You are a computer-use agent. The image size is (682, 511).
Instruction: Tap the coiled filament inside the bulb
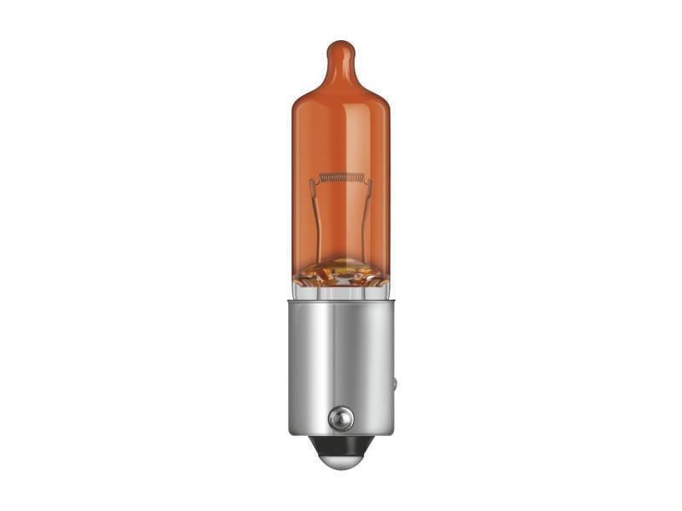click(x=341, y=178)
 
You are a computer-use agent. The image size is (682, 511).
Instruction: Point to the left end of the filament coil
click(x=322, y=179)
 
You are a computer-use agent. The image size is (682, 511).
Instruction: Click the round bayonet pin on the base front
click(x=340, y=417)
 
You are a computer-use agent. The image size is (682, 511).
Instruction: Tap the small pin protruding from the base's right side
click(x=394, y=383)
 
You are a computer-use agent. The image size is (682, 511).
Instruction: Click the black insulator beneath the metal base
click(x=340, y=444)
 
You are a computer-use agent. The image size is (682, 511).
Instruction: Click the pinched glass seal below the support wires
click(x=341, y=271)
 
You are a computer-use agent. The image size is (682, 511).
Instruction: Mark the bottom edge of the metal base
click(x=340, y=433)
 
